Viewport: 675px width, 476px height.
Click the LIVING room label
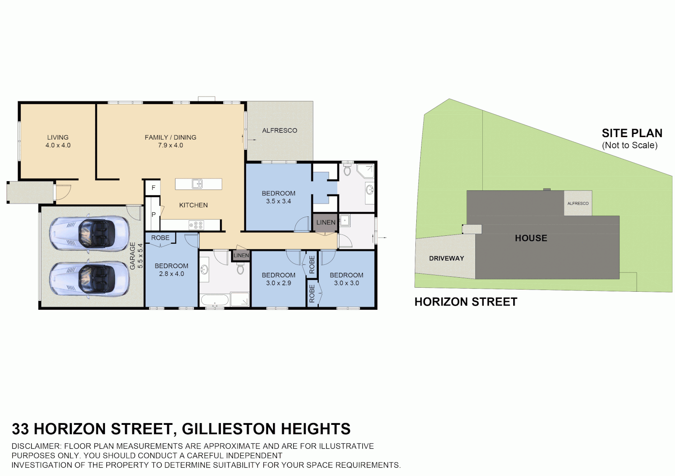[58, 138]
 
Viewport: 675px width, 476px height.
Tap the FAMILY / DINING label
[170, 138]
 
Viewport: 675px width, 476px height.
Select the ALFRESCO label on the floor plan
[280, 130]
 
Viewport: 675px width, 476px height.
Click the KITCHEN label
[193, 205]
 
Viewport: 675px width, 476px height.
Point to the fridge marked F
[153, 188]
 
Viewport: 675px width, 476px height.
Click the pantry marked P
[153, 215]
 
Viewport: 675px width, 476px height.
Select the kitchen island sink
[197, 184]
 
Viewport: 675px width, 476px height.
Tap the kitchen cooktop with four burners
[196, 225]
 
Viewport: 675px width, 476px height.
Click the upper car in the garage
[90, 234]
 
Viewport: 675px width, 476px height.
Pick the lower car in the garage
[90, 279]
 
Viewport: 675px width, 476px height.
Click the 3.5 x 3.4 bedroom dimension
[278, 201]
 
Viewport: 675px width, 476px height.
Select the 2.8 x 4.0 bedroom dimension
[172, 274]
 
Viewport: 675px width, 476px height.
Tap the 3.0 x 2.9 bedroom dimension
[278, 283]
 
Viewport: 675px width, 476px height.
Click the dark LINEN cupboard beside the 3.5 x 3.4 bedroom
[326, 223]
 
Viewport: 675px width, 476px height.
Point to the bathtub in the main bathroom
[215, 301]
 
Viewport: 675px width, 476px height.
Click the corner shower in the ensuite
[365, 171]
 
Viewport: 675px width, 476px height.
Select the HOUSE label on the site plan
[531, 238]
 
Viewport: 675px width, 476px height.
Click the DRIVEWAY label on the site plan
[446, 258]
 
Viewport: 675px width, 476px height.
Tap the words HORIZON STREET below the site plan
[466, 302]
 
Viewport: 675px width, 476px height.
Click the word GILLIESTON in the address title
[229, 429]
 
